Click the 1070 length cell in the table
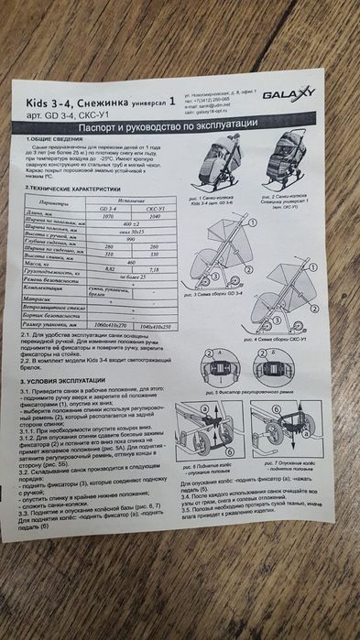[107, 216]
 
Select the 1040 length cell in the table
[153, 217]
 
